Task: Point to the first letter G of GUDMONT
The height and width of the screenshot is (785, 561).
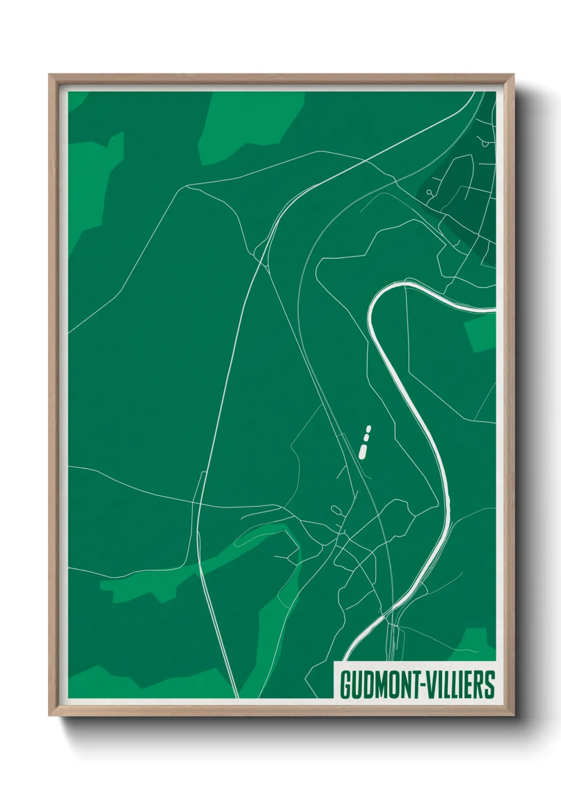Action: (x=345, y=685)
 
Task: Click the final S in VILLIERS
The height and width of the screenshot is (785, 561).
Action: (x=490, y=685)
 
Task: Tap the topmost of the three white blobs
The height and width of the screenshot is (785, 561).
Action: (x=369, y=428)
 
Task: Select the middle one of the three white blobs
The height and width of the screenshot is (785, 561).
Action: (x=366, y=438)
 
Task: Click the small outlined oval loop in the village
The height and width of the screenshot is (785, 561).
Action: (x=336, y=510)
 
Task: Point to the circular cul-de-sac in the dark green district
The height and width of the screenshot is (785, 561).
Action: (x=428, y=193)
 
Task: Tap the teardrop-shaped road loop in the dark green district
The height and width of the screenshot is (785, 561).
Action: (x=485, y=142)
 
